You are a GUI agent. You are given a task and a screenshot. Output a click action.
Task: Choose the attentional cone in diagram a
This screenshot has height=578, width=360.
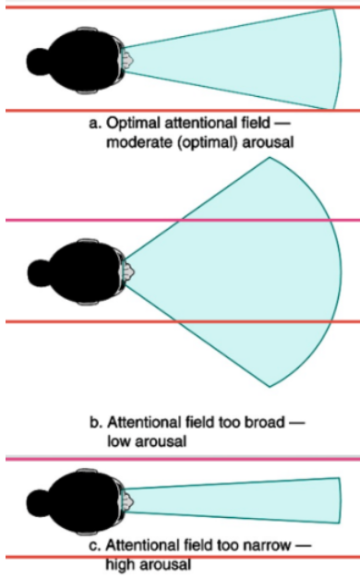click(x=258, y=58)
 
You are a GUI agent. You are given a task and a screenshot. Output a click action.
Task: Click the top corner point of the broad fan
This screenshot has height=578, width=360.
click(x=269, y=157)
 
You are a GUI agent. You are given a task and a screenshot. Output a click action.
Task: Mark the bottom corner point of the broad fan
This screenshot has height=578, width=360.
click(x=269, y=385)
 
